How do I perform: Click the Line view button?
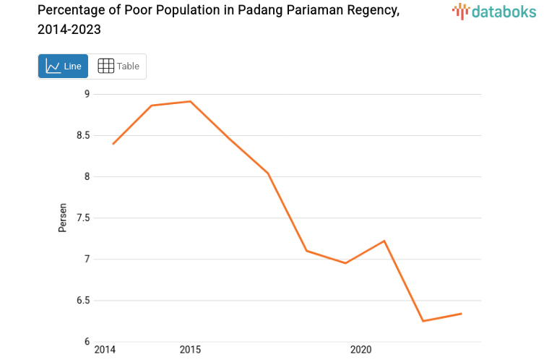[x=63, y=67]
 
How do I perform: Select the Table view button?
[x=118, y=67]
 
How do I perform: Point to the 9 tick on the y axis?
[x=87, y=94]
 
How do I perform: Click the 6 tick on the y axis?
[x=87, y=342]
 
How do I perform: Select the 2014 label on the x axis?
[x=105, y=350]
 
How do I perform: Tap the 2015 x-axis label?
[x=190, y=350]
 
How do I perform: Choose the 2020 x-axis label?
[x=360, y=350]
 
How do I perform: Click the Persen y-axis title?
[x=63, y=218]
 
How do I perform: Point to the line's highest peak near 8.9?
[x=190, y=101]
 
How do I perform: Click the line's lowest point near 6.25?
[x=423, y=321]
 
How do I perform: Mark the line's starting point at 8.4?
[x=113, y=144]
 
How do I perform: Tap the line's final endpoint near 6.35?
[x=461, y=314]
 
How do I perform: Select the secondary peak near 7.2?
[x=384, y=241]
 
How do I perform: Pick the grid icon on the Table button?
[x=105, y=66]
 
